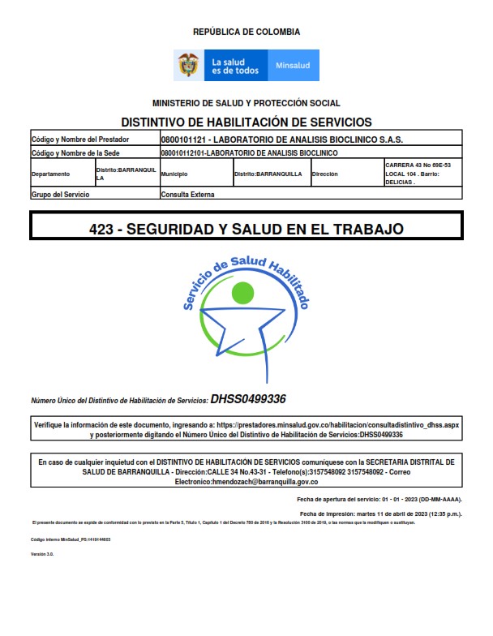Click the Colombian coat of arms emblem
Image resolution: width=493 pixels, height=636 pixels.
pyautogui.click(x=188, y=65)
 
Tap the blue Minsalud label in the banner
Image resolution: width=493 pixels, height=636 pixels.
pyautogui.click(x=293, y=66)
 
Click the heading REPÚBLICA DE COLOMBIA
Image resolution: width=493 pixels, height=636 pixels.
pyautogui.click(x=246, y=32)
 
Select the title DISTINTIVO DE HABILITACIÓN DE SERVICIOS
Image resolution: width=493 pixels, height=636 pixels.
pyautogui.click(x=246, y=122)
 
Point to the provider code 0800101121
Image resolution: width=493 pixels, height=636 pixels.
pyautogui.click(x=185, y=139)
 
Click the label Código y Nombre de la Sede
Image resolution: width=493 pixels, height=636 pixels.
pyautogui.click(x=75, y=152)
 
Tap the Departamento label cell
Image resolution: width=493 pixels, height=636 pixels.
pyautogui.click(x=51, y=174)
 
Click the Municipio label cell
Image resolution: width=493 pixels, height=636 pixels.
pyautogui.click(x=174, y=174)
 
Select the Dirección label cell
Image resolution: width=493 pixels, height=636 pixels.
pyautogui.click(x=324, y=174)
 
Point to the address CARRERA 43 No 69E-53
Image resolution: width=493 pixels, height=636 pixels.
pyautogui.click(x=418, y=165)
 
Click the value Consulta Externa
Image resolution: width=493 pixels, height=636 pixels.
pyautogui.click(x=187, y=195)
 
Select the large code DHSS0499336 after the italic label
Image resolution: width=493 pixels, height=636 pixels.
pyautogui.click(x=248, y=399)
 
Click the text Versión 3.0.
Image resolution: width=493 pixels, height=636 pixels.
pyautogui.click(x=41, y=554)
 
